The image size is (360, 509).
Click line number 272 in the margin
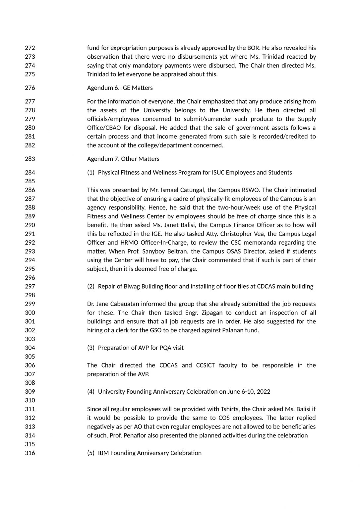click(x=30, y=48)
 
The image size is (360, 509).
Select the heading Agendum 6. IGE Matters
click(x=120, y=88)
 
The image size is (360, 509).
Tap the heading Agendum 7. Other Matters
click(x=123, y=159)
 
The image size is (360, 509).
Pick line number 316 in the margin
click(x=30, y=453)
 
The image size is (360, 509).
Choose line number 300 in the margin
click(x=30, y=312)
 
